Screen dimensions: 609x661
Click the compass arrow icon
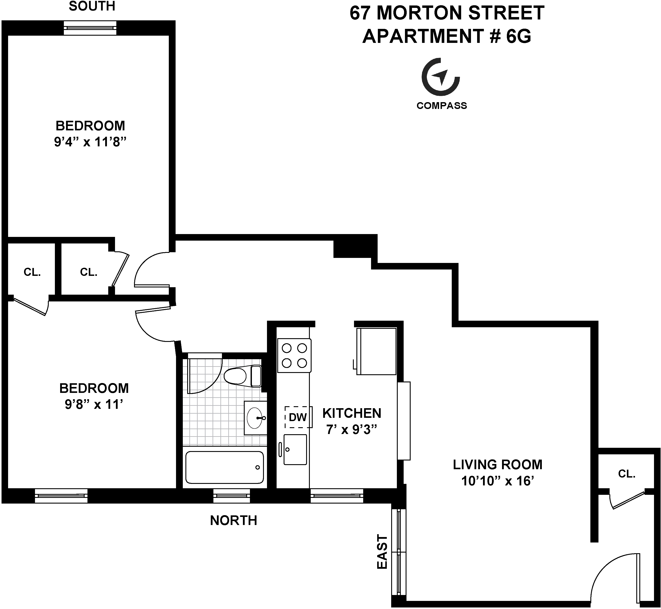click(x=441, y=77)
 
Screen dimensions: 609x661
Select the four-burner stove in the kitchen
click(x=294, y=356)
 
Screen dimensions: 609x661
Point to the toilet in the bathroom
click(x=242, y=376)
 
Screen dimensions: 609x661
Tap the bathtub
click(x=225, y=467)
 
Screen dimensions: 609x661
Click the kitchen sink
click(x=295, y=450)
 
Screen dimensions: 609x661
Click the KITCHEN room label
click(x=352, y=413)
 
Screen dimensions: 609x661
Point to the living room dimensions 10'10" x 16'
click(x=497, y=481)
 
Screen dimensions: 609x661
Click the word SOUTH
click(x=92, y=6)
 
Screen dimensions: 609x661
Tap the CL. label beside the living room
click(x=626, y=474)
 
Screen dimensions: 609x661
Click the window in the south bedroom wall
click(x=90, y=28)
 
